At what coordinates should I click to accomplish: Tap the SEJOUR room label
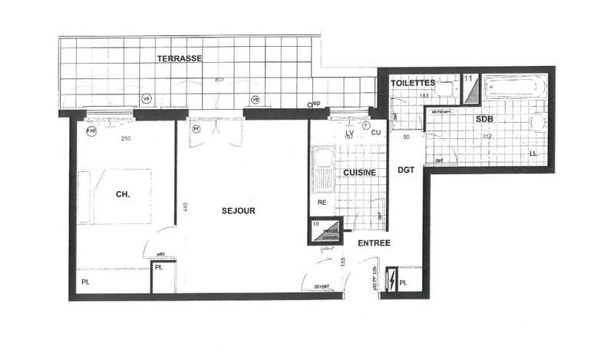[238, 210]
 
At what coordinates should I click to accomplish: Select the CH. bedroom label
[122, 195]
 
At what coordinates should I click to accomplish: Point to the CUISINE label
[359, 173]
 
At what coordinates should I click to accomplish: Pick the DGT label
[405, 170]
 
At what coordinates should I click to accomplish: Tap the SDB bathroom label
[484, 121]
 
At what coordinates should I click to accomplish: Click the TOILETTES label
[414, 82]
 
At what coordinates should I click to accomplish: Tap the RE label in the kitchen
[322, 203]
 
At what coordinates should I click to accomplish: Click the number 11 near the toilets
[468, 78]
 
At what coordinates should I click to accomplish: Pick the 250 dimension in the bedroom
[126, 138]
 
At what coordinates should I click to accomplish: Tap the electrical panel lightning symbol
[393, 282]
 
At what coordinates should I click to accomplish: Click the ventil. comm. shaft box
[326, 231]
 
